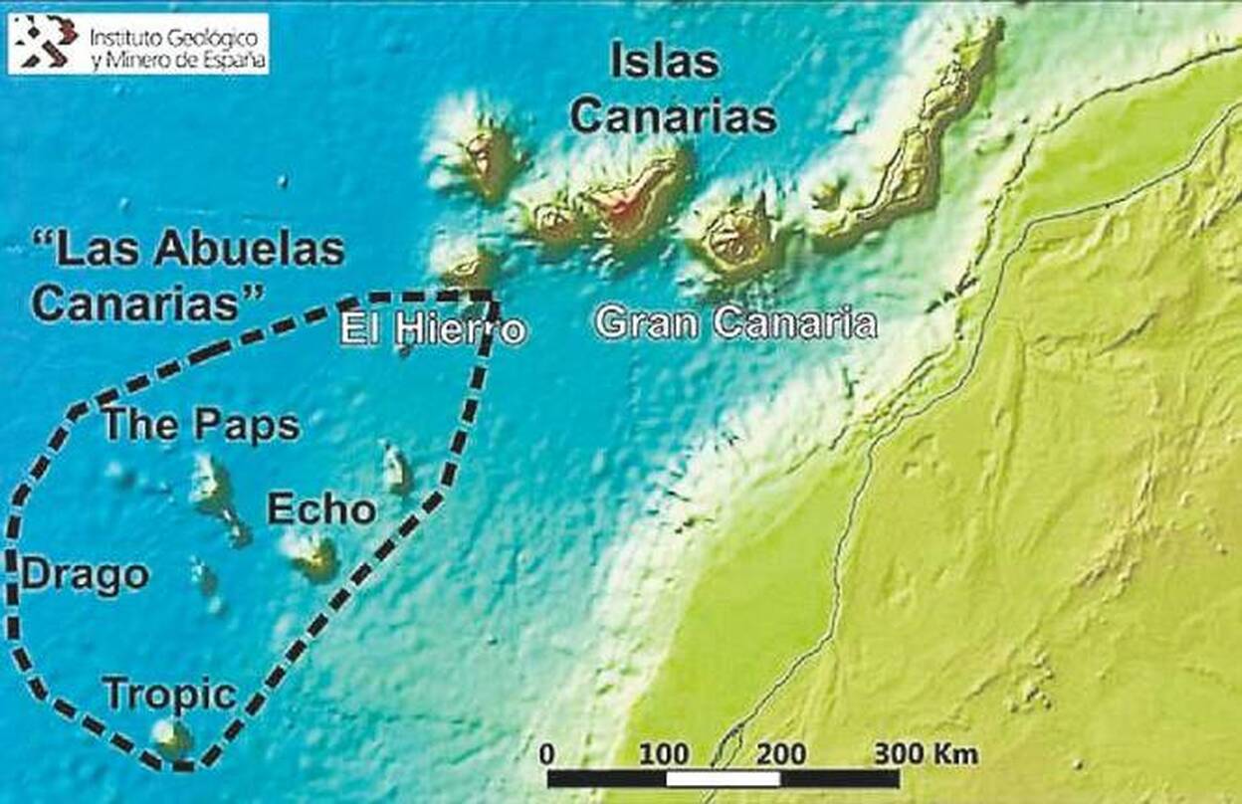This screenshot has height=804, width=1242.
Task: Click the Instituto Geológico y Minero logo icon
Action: pyautogui.click(x=50, y=44)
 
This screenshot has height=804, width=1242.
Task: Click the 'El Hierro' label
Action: pyautogui.click(x=432, y=328)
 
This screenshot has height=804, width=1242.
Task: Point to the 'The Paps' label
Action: pyautogui.click(x=202, y=426)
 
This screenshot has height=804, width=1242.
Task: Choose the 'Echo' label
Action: pyautogui.click(x=321, y=510)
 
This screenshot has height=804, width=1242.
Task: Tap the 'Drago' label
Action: pyautogui.click(x=86, y=575)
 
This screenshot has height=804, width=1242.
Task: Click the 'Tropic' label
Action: pyautogui.click(x=170, y=695)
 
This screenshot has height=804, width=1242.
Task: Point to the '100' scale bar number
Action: pyautogui.click(x=665, y=753)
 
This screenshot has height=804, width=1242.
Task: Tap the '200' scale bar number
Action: pyautogui.click(x=781, y=753)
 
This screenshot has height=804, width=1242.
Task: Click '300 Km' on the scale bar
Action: pyautogui.click(x=926, y=753)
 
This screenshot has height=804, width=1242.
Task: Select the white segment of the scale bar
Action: pyautogui.click(x=724, y=778)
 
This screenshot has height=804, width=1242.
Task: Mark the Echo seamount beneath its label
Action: pyautogui.click(x=314, y=558)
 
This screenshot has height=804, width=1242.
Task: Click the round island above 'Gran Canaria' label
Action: pyautogui.click(x=737, y=239)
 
